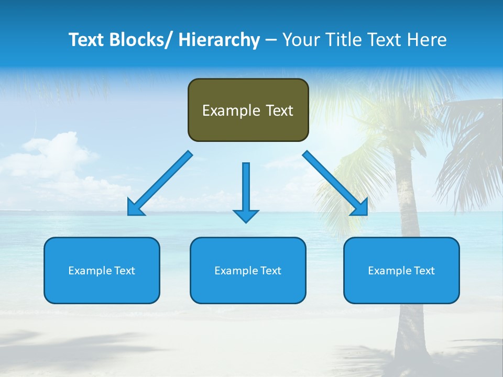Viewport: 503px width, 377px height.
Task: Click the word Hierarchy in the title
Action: coord(219,40)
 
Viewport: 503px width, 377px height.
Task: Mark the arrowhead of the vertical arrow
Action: coord(246,215)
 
